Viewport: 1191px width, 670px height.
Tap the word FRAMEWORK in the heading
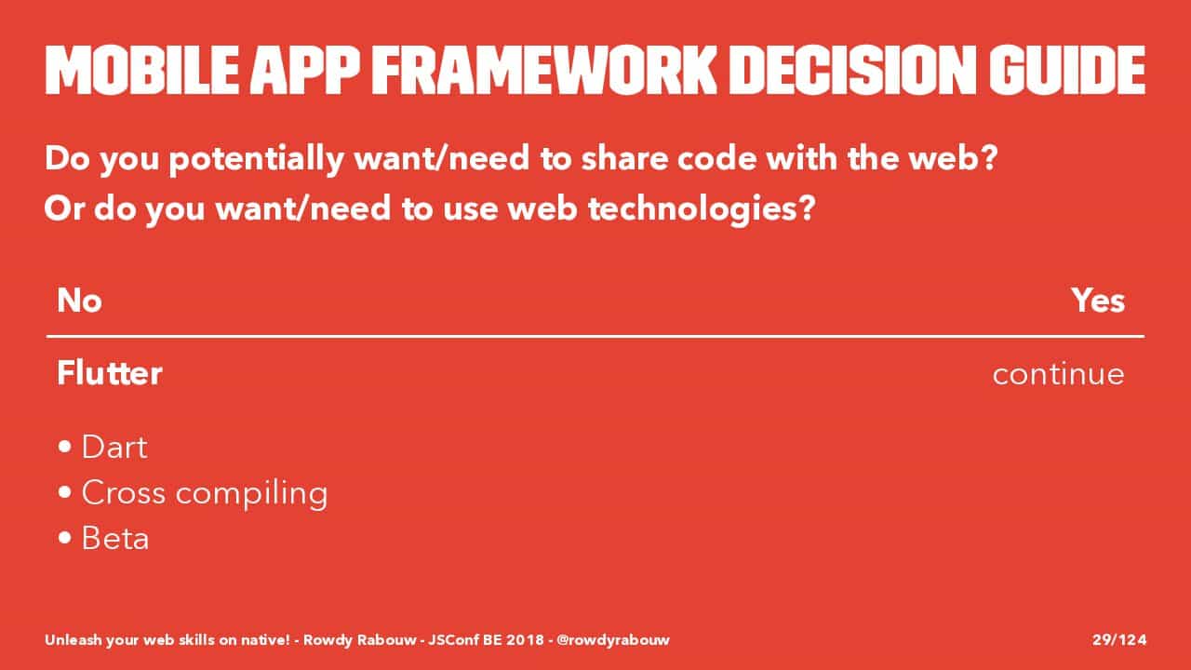point(544,70)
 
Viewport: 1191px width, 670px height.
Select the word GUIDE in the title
point(1067,70)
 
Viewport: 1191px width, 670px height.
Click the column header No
point(80,301)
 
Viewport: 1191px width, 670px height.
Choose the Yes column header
point(1098,301)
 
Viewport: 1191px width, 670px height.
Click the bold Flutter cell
point(110,373)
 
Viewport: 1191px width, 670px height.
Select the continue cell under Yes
point(1059,374)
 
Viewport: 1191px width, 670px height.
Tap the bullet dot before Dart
point(65,447)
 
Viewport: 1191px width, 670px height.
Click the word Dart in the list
point(114,447)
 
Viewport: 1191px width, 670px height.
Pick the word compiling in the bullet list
point(251,494)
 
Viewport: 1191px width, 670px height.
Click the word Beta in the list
point(115,538)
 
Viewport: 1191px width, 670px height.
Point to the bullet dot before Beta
point(65,538)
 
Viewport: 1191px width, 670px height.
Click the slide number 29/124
point(1119,639)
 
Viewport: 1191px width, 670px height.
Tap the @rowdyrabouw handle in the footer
point(613,640)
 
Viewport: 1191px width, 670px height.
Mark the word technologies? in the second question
point(702,209)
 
